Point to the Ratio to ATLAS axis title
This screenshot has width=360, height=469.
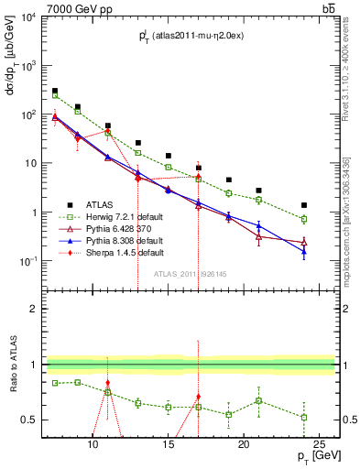pyautogui.click(x=12, y=364)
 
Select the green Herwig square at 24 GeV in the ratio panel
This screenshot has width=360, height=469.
pyautogui.click(x=304, y=418)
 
